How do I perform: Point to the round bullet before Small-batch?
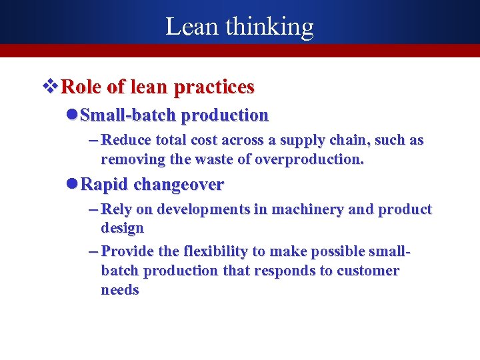pyautogui.click(x=73, y=115)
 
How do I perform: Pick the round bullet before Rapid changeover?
pyautogui.click(x=73, y=184)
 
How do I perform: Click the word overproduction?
pyautogui.click(x=311, y=159)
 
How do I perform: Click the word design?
pyautogui.click(x=122, y=228)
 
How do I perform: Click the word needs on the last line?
pyautogui.click(x=120, y=290)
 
